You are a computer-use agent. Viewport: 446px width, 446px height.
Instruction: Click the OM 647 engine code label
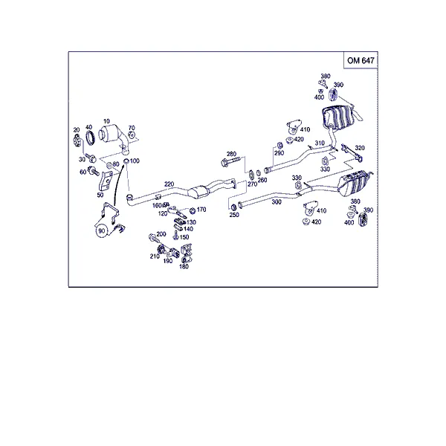click(361, 61)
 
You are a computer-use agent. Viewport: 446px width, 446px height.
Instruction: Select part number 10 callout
click(106, 121)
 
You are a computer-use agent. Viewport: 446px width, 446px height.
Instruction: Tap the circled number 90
click(102, 231)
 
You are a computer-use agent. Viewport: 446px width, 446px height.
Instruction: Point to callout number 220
click(169, 184)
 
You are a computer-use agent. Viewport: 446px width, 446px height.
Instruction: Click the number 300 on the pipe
click(277, 202)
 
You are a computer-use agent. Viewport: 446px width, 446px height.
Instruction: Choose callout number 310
click(320, 143)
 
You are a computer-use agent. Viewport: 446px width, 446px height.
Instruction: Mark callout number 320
click(360, 148)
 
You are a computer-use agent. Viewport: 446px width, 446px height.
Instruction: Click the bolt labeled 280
click(231, 163)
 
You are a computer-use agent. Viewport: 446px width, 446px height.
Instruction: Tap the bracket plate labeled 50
click(104, 181)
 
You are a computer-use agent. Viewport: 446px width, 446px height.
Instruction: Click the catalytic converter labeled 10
click(114, 137)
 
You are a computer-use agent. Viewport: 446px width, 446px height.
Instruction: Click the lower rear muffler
click(354, 182)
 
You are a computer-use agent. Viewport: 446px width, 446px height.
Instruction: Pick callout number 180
click(184, 267)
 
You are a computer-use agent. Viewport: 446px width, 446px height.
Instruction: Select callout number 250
click(234, 215)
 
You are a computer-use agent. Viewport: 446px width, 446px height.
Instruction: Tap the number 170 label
click(201, 210)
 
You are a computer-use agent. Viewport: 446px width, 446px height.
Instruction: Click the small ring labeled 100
click(126, 161)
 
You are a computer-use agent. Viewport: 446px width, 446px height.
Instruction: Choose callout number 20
click(77, 130)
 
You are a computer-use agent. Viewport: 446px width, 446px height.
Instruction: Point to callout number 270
click(252, 184)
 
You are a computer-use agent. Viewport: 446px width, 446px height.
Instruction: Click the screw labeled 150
click(175, 235)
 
